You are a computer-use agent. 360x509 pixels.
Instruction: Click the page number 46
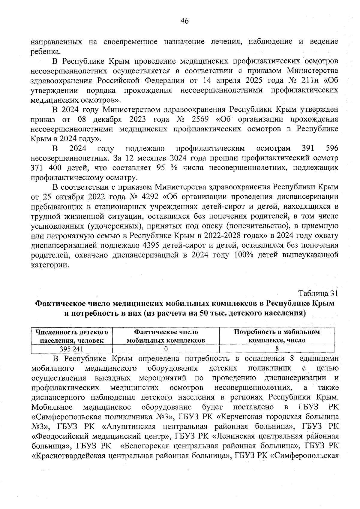[184, 21]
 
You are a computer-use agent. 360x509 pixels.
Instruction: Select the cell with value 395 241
[71, 349]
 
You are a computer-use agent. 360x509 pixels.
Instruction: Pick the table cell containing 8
[277, 349]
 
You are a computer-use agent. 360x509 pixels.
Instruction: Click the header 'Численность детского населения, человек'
[72, 336]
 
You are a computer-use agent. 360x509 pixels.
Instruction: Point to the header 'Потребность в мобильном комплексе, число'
[277, 336]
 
